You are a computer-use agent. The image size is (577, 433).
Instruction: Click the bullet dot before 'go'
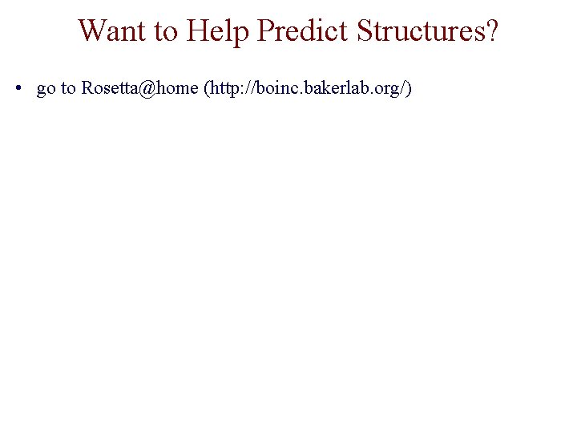18,88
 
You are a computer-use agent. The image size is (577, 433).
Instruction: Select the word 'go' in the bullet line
46,89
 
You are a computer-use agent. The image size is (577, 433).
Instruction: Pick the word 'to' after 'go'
68,88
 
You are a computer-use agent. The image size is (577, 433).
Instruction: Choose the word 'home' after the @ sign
177,88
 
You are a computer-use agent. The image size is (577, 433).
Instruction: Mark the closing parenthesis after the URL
409,88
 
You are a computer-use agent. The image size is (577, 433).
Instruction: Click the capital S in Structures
365,30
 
